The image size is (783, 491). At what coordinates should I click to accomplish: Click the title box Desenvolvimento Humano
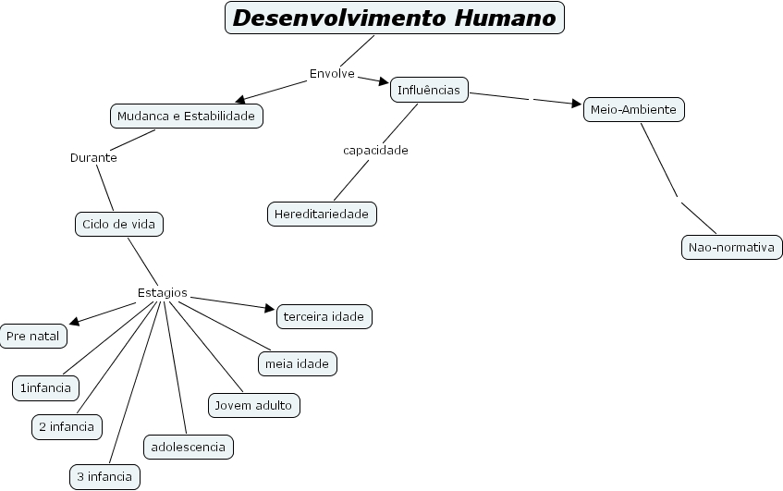(395, 18)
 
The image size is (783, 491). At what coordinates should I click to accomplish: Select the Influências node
(428, 90)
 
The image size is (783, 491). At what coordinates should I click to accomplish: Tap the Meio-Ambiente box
(634, 110)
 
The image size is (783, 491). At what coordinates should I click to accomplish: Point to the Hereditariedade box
(323, 214)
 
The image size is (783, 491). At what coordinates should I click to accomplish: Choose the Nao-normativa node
(730, 248)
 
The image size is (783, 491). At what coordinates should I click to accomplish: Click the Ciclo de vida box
(119, 224)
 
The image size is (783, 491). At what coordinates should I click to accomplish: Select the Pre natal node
(32, 336)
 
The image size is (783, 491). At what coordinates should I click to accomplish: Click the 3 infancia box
(104, 477)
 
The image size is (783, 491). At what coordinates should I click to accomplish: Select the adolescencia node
(188, 447)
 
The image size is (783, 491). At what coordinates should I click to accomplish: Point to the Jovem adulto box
(253, 405)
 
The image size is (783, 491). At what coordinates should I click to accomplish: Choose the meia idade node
(297, 363)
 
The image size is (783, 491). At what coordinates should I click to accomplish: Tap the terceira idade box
(324, 316)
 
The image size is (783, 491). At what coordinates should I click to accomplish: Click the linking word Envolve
(332, 73)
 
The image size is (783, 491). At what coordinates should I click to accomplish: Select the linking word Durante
(93, 157)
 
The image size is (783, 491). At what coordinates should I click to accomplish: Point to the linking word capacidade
(375, 150)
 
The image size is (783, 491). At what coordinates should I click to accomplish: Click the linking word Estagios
(163, 293)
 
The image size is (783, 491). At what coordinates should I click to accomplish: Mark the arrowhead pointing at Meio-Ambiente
(578, 104)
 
